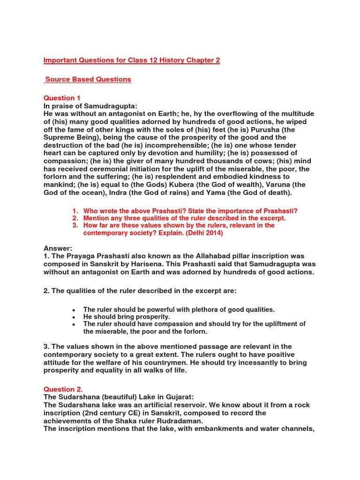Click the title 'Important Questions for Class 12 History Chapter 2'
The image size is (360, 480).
pyautogui.click(x=132, y=60)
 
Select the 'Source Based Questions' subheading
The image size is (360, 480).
pyautogui.click(x=88, y=79)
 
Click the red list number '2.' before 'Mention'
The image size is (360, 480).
pyautogui.click(x=75, y=218)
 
